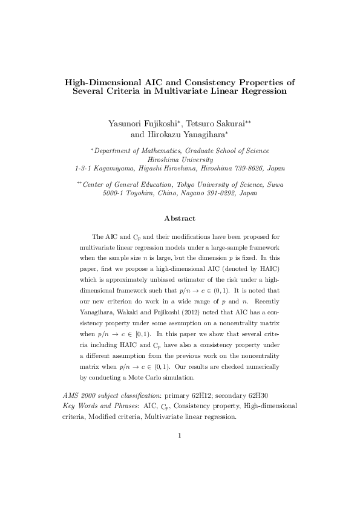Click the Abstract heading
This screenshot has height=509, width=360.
[x=180, y=218]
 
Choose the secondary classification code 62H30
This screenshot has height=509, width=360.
[x=263, y=395]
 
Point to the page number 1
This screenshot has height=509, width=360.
[x=180, y=435]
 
